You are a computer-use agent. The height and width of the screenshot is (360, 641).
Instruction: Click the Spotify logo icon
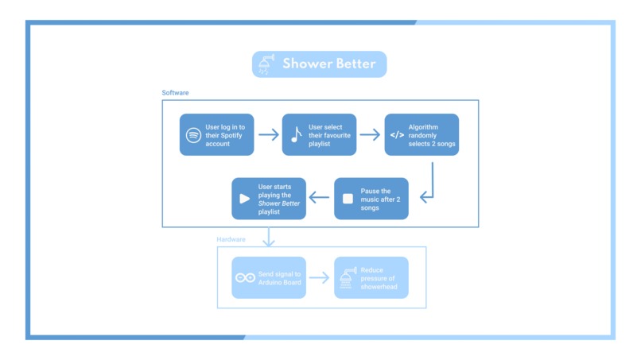click(193, 134)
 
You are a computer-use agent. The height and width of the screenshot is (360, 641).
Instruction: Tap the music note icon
click(296, 134)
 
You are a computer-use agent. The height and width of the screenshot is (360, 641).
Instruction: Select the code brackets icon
click(397, 134)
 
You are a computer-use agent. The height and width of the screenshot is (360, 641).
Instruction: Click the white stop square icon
click(348, 199)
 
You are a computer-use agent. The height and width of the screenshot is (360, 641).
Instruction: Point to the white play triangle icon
click(245, 199)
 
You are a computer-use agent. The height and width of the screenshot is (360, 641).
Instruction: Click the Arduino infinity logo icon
click(245, 277)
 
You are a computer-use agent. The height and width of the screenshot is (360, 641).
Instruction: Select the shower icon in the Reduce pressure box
click(348, 277)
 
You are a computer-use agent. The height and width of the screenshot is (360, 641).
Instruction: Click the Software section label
click(176, 93)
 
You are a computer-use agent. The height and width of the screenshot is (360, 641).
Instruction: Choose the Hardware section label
click(231, 239)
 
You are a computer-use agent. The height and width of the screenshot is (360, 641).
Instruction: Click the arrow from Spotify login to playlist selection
click(269, 134)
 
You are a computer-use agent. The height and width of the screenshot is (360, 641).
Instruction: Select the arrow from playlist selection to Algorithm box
click(370, 134)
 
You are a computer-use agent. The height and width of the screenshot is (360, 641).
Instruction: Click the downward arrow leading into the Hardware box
click(270, 235)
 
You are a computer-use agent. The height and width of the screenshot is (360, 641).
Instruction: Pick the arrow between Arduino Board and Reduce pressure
click(320, 277)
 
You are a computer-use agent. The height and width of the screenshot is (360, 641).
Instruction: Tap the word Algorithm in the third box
click(425, 126)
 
